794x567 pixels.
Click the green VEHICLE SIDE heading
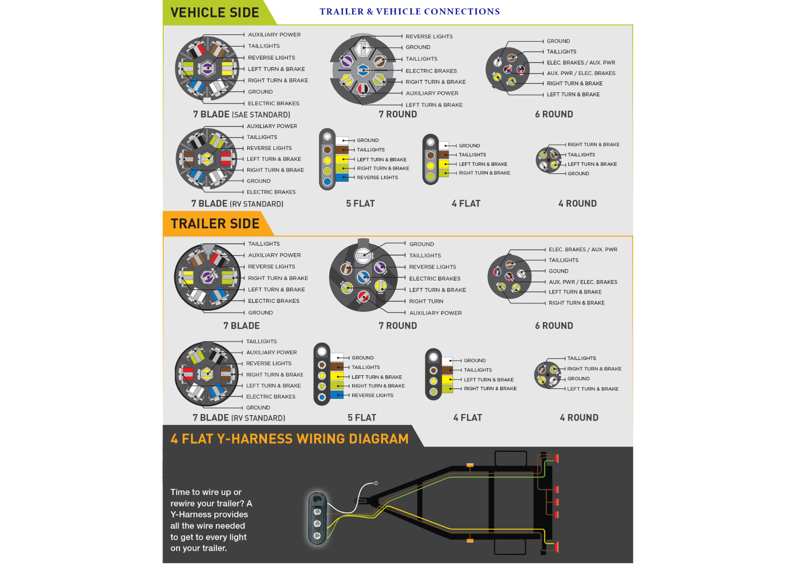[x=214, y=13]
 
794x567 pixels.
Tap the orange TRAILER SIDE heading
[x=215, y=224]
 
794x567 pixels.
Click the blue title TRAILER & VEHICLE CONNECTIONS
[x=410, y=12]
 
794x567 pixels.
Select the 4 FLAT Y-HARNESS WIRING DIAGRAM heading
[x=290, y=439]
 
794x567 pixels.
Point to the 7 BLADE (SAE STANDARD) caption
[x=241, y=115]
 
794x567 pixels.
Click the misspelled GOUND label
[x=559, y=271]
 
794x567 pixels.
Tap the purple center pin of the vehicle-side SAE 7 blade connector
[x=207, y=68]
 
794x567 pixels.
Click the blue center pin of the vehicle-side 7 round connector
[x=362, y=70]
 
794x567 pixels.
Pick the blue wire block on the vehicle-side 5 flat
[x=342, y=178]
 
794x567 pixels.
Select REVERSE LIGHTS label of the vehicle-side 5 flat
[x=377, y=178]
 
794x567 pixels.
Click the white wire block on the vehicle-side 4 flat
[x=444, y=145]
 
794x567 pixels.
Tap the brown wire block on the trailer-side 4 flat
[x=447, y=370]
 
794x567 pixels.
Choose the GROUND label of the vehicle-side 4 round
[x=578, y=174]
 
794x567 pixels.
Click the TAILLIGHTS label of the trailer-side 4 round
[x=581, y=358]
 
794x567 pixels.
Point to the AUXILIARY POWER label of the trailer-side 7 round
[x=435, y=313]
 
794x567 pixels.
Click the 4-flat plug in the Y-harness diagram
[x=317, y=518]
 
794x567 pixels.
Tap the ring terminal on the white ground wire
[x=376, y=483]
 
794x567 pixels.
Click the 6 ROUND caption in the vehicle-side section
[x=554, y=115]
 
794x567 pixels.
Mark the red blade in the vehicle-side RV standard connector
[x=226, y=159]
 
